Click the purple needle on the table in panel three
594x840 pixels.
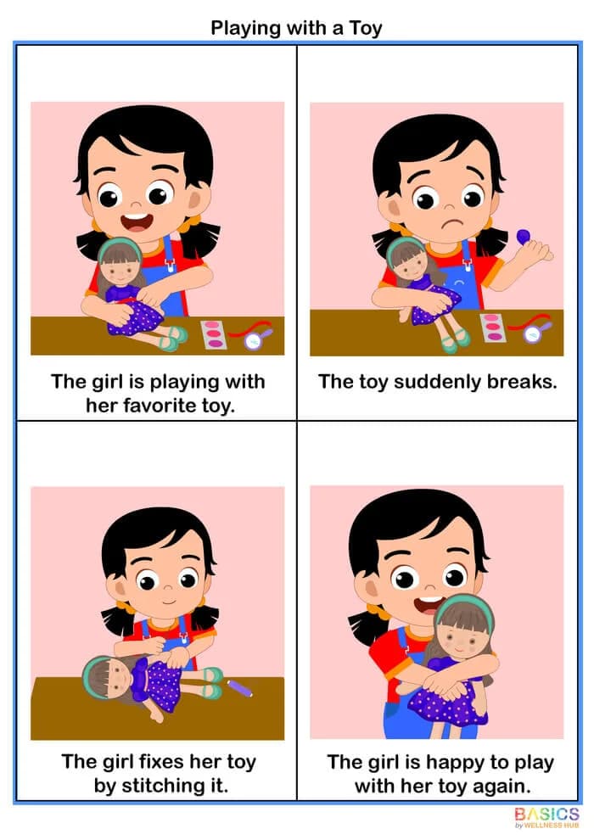tap(239, 686)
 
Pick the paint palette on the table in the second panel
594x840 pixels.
tap(492, 328)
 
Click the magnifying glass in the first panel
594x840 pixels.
tap(254, 340)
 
